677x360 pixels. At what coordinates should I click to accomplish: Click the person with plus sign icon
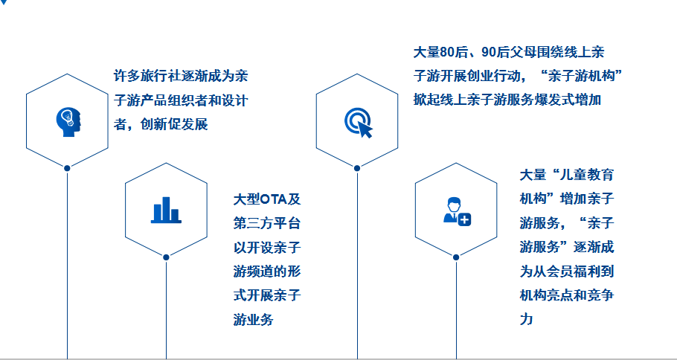coord(456,210)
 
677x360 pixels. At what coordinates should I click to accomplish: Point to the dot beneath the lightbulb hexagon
coord(67,168)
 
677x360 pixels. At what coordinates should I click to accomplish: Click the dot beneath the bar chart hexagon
coord(166,257)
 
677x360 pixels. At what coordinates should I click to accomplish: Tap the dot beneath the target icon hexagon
coord(357,168)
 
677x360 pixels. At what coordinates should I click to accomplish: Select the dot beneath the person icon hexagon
coord(456,257)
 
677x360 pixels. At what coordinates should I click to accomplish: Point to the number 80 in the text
coord(446,52)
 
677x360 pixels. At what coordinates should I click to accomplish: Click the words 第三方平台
coord(267,224)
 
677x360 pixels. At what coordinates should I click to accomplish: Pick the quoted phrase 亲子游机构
coord(582,76)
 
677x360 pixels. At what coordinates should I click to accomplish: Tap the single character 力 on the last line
coord(527,318)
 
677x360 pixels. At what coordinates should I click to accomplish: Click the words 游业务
coord(253,319)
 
